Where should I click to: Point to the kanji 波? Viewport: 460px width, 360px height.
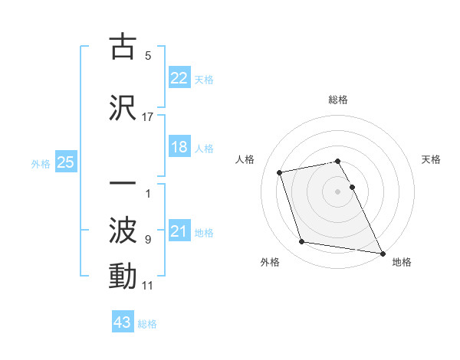tap(123, 229)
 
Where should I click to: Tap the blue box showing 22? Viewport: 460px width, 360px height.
tap(179, 77)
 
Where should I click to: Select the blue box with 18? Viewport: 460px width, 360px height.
tap(179, 147)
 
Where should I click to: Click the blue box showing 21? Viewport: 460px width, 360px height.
tap(179, 231)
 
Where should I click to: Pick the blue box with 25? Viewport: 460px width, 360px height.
tap(66, 162)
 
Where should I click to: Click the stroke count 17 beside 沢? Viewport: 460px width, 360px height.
tap(148, 116)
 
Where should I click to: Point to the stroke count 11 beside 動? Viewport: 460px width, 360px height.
tap(148, 286)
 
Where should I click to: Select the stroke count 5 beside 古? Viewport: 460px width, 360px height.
tap(148, 56)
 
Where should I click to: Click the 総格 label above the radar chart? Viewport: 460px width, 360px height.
tap(338, 100)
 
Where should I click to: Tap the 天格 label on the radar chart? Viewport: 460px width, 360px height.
tap(432, 159)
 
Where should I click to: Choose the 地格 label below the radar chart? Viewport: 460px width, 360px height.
tap(402, 262)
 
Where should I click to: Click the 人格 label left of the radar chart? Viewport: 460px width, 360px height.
tap(245, 159)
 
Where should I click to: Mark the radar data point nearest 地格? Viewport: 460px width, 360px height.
tap(382, 252)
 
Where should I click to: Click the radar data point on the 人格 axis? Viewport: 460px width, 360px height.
tap(280, 172)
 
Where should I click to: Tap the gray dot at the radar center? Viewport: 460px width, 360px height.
tap(338, 191)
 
